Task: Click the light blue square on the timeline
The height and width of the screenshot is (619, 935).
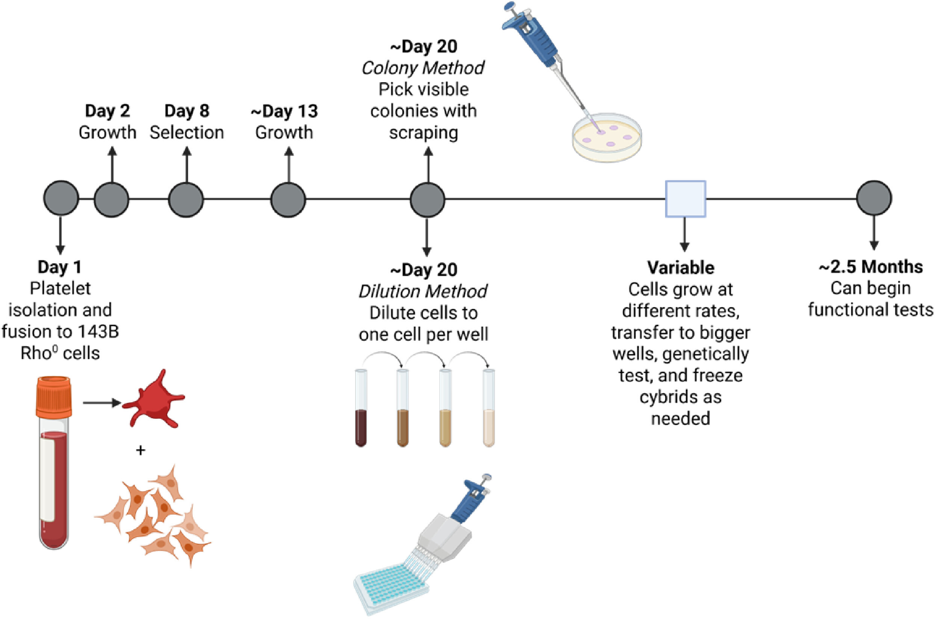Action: click(x=685, y=199)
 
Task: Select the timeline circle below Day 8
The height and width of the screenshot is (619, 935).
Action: click(x=186, y=199)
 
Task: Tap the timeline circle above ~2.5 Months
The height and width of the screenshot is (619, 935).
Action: click(x=874, y=198)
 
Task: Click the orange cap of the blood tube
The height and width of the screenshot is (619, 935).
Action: click(x=54, y=397)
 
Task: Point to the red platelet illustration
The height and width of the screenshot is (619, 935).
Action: click(x=153, y=400)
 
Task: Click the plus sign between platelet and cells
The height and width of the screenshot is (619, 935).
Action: click(x=140, y=450)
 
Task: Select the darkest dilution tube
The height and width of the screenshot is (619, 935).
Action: click(x=361, y=408)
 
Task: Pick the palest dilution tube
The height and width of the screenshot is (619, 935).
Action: click(x=489, y=408)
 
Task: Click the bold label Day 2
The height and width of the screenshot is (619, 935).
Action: click(x=107, y=111)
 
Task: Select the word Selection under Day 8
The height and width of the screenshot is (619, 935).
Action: click(x=187, y=132)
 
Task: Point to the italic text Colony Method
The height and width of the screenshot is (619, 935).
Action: click(x=423, y=68)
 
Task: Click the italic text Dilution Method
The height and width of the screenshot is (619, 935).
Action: click(x=423, y=291)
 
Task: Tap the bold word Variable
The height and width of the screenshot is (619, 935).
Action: click(x=681, y=268)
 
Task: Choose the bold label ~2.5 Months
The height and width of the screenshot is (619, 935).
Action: click(x=871, y=267)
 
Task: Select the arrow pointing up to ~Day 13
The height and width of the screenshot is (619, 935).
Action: click(x=289, y=164)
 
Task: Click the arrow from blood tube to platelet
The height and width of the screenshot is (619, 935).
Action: click(x=102, y=403)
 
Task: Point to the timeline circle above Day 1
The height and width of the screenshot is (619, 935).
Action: click(x=61, y=198)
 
